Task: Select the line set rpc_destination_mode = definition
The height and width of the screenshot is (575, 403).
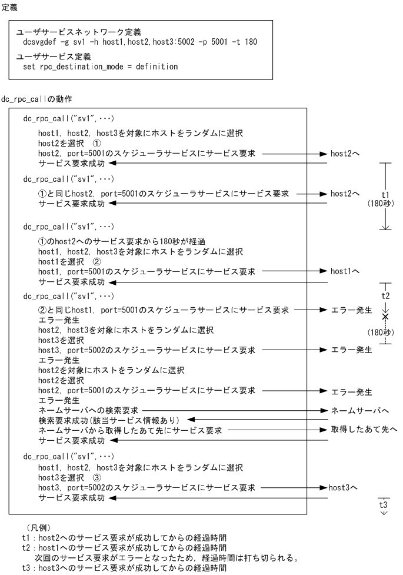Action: click(x=100, y=67)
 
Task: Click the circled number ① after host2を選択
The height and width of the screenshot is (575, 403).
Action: click(x=98, y=143)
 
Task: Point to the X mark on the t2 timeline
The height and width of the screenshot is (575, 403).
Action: click(x=385, y=317)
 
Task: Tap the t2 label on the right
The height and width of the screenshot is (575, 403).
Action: click(x=385, y=294)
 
